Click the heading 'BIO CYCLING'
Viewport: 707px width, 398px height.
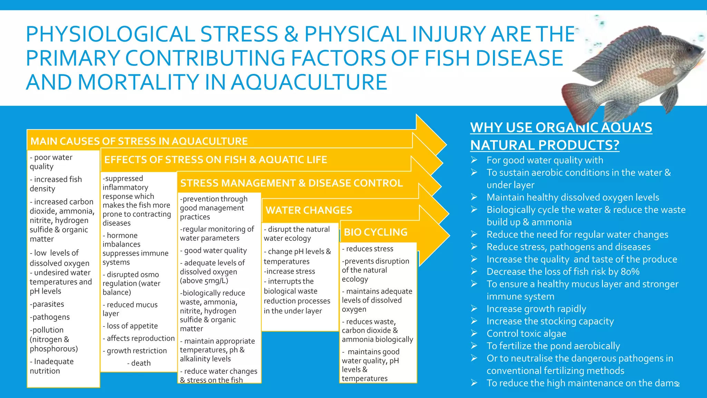pyautogui.click(x=376, y=232)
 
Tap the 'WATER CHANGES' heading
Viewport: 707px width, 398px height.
pyautogui.click(x=309, y=210)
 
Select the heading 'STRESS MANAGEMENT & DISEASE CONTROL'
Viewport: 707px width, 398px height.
pyautogui.click(x=291, y=183)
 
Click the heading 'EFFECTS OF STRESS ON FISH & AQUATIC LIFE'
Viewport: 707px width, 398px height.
pyautogui.click(x=215, y=160)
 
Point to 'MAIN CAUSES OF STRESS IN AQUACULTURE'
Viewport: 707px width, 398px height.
pyautogui.click(x=139, y=141)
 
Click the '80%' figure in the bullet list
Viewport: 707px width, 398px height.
pyautogui.click(x=630, y=272)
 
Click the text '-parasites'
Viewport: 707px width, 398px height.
pyautogui.click(x=47, y=304)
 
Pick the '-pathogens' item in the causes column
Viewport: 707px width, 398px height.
pyautogui.click(x=50, y=317)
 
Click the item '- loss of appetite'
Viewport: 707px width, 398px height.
pyautogui.click(x=130, y=326)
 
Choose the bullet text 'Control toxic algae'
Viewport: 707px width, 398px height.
pyautogui.click(x=526, y=334)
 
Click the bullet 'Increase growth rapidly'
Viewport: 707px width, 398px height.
pyautogui.click(x=536, y=309)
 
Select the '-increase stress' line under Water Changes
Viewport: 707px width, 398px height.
pyautogui.click(x=289, y=272)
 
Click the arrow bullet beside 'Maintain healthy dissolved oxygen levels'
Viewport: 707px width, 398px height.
pyautogui.click(x=474, y=197)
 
